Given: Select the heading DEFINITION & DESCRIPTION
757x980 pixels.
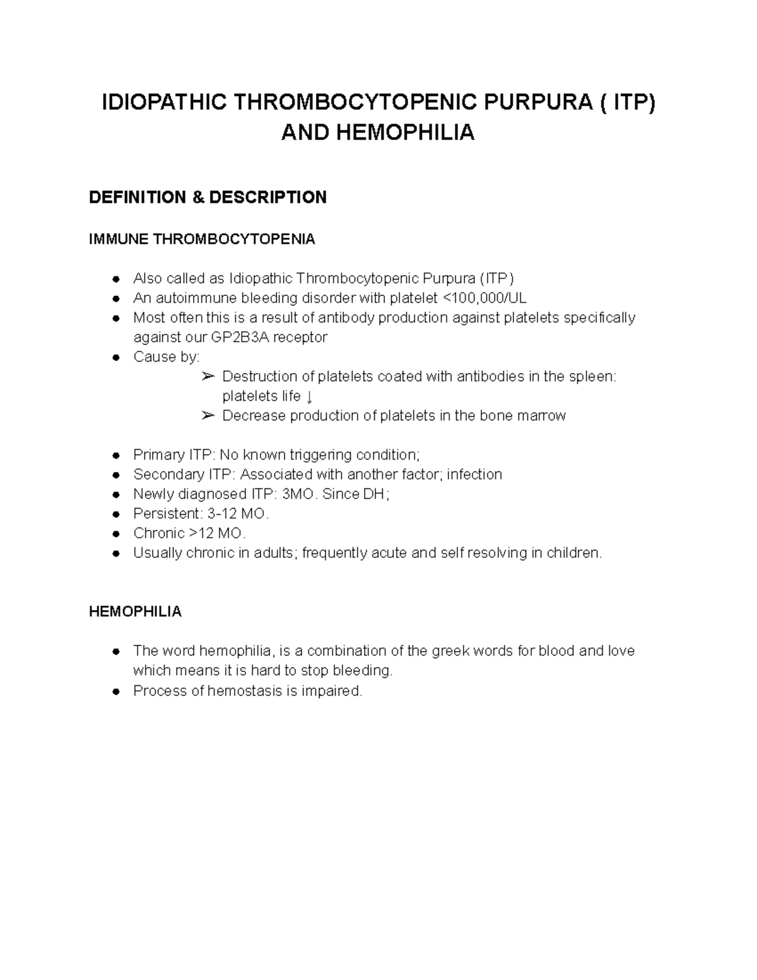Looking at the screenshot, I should (x=208, y=198).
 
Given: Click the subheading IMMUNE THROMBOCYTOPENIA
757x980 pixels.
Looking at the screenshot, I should (x=202, y=239).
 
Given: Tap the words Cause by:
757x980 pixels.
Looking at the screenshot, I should (x=166, y=357).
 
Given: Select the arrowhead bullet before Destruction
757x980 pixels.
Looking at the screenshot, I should (x=208, y=377).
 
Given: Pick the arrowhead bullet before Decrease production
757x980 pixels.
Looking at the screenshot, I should (x=208, y=416).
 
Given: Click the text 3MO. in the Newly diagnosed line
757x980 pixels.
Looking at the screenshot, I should (x=299, y=494).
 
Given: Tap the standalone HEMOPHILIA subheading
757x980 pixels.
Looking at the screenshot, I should (x=135, y=611).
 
